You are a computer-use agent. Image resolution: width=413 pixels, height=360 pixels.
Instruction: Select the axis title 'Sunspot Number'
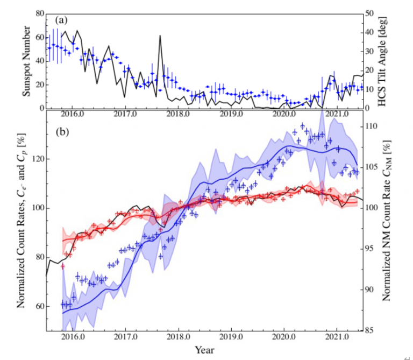pyautogui.click(x=26, y=60)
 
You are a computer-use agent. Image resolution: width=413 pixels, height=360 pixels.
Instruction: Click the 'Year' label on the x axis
pyautogui.click(x=204, y=350)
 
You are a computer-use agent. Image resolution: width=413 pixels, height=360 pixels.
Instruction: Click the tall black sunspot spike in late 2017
pyautogui.click(x=160, y=37)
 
